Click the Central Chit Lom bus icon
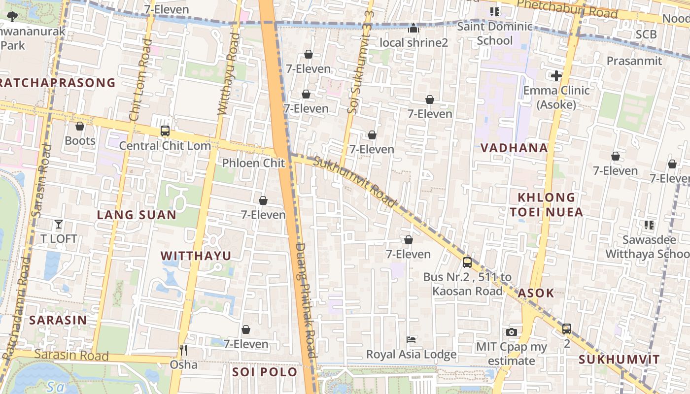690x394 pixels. coord(165,131)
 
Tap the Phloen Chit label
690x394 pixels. coord(253,163)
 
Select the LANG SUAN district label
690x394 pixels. coord(137,215)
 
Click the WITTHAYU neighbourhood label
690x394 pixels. coord(196,256)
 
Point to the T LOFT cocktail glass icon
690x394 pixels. coord(59,224)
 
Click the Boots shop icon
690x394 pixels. coord(80,127)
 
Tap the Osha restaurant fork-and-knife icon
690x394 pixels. coord(183,350)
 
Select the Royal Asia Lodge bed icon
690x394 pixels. coord(411,340)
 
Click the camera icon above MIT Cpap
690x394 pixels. coord(512,332)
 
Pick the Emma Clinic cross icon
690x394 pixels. coord(556,76)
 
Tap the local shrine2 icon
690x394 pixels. coord(414,29)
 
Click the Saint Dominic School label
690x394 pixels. coord(495,33)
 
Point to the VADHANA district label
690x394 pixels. coord(514,148)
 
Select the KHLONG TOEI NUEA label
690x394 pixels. coord(547,204)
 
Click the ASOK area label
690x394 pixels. coord(536,293)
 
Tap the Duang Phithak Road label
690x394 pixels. coord(306,300)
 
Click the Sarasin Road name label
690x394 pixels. coord(72,355)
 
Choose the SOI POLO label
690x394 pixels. coord(265,372)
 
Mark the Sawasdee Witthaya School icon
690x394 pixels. coord(649,225)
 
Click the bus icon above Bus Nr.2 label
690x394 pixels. coord(467,263)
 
